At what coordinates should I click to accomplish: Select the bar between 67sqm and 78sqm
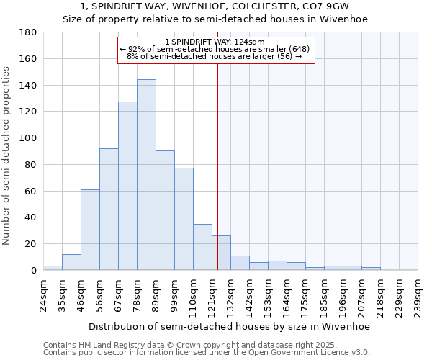point(127,186)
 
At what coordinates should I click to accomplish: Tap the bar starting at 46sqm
point(90,230)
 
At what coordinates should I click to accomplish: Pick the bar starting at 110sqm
point(202,247)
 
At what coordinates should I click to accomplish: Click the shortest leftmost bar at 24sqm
point(53,268)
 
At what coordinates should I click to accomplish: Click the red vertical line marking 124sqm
point(217,166)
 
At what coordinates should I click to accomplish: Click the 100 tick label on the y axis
point(29,138)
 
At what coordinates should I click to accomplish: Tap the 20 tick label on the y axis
point(32,244)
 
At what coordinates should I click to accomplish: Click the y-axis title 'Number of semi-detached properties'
point(6,156)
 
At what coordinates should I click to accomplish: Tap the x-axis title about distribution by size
point(230,326)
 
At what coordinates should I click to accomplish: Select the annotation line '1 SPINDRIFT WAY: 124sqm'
point(216,42)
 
